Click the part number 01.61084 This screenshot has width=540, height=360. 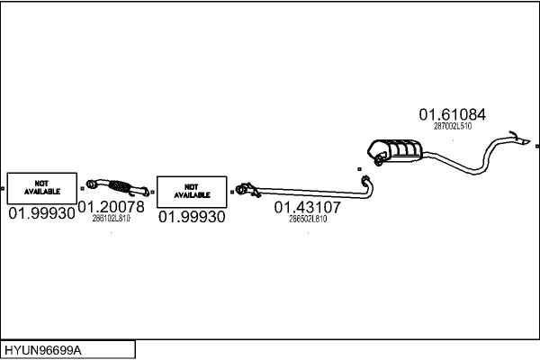452,114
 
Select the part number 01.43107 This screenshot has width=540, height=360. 308,207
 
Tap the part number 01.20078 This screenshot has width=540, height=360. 111,207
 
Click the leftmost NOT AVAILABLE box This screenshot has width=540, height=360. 42,187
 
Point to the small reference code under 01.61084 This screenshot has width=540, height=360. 452,126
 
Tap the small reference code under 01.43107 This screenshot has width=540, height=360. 308,218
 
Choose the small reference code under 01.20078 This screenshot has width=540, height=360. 112,218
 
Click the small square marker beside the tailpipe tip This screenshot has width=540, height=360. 536,146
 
